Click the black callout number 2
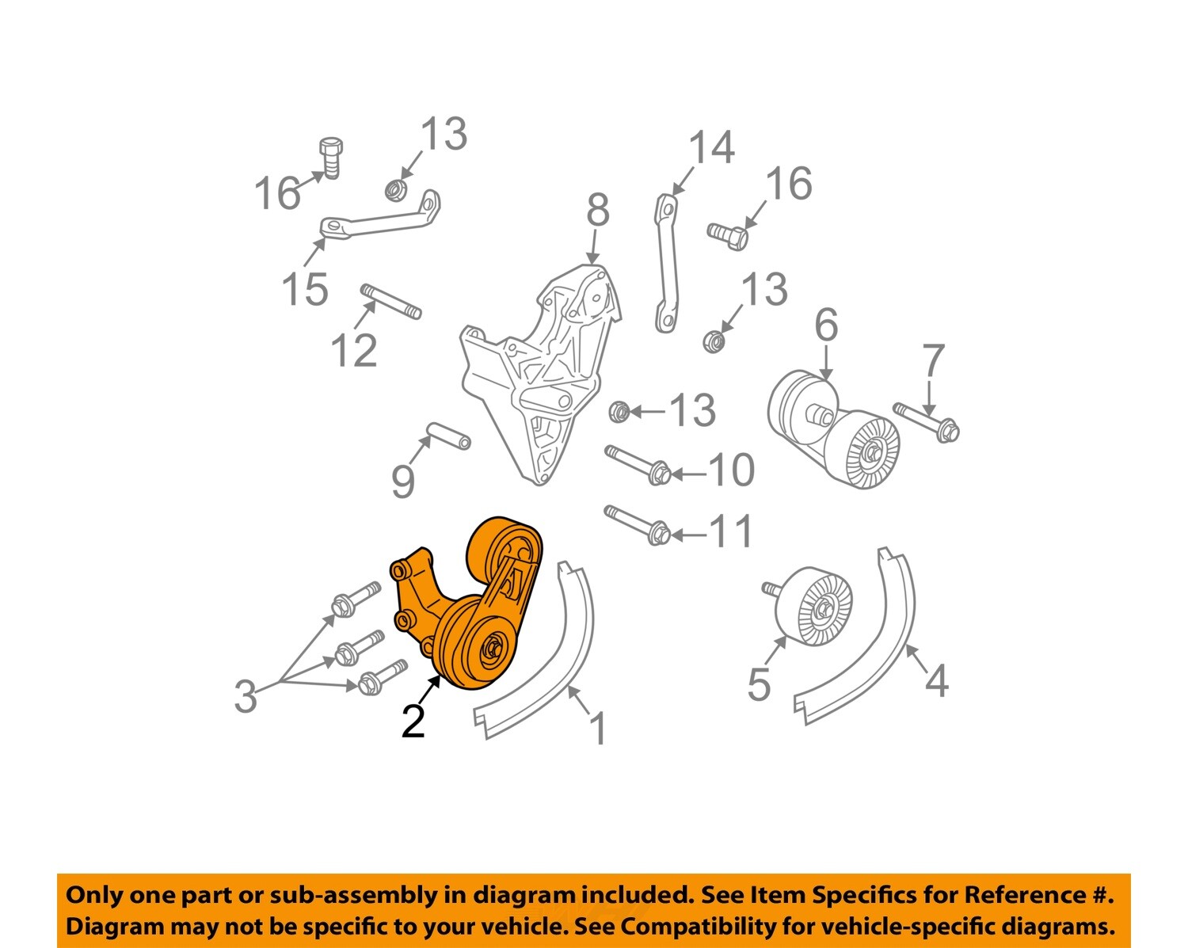[413, 721]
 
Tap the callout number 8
[598, 211]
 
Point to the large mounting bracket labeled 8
[539, 372]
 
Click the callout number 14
[711, 148]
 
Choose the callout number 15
[305, 289]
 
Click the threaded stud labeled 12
[391, 302]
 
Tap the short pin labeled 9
[449, 436]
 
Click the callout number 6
[825, 326]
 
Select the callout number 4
[937, 680]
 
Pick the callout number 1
[599, 729]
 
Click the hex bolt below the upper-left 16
[332, 158]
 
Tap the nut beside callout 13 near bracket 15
[395, 189]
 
